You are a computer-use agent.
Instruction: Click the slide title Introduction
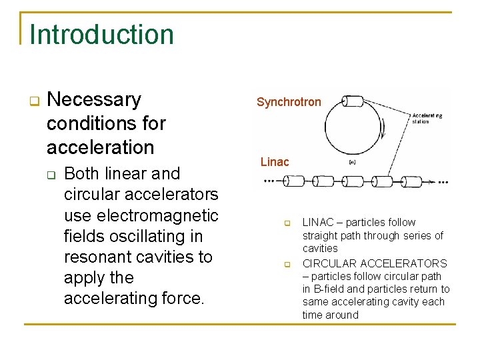click(102, 35)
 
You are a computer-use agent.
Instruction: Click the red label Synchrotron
click(289, 102)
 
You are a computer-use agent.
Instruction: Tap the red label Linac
click(275, 162)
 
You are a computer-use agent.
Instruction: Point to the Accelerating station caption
click(427, 118)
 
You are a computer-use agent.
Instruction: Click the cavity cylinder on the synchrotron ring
click(353, 101)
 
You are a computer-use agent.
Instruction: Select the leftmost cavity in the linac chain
click(294, 181)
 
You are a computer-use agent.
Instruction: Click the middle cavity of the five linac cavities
click(353, 181)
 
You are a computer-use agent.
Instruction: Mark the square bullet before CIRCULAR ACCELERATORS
click(288, 264)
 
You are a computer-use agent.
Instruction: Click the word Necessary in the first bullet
click(95, 99)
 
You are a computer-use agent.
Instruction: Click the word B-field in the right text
click(329, 289)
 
